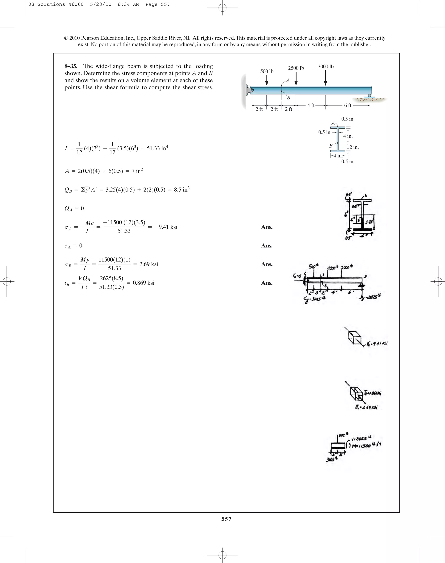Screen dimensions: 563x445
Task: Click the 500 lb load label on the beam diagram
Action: (x=267, y=71)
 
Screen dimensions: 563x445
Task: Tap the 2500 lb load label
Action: (x=296, y=68)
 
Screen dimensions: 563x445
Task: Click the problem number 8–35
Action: (x=71, y=66)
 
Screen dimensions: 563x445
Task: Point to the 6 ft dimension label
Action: (x=348, y=105)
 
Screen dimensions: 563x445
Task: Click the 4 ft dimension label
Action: (x=311, y=105)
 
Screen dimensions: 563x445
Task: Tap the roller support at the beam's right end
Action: (x=369, y=96)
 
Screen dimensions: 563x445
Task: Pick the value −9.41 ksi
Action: (x=166, y=227)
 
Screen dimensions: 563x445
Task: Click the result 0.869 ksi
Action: (x=144, y=283)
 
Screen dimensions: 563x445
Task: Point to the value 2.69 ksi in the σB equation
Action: (x=148, y=264)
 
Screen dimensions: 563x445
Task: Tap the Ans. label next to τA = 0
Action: (x=267, y=246)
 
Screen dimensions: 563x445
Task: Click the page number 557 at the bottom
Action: (x=226, y=519)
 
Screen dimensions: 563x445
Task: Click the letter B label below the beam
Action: (x=288, y=98)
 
